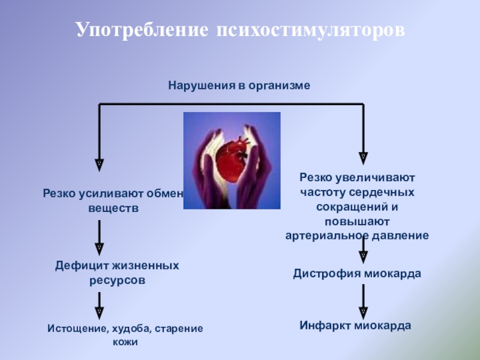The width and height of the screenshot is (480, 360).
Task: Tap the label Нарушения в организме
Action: coord(239,86)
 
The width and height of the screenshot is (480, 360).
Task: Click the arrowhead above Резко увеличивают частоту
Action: coord(363,158)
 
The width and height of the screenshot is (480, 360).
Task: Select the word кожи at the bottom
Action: coord(125,342)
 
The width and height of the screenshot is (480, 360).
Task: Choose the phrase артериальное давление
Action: coord(357,235)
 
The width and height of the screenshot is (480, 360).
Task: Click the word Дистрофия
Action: coord(326,274)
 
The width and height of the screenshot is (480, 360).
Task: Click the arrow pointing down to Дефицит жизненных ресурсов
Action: coord(100,236)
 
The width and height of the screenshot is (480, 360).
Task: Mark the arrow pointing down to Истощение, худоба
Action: coord(100,303)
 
